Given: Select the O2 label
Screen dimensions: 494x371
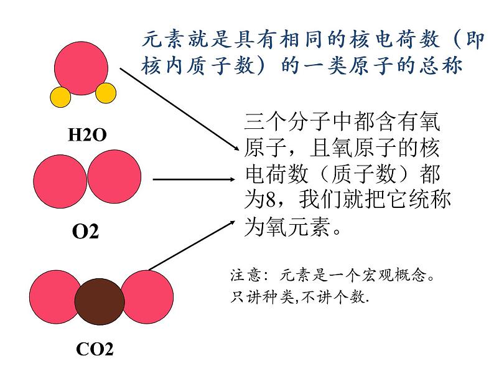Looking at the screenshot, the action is click(85, 232).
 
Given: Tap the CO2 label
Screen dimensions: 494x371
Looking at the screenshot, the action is click(94, 349).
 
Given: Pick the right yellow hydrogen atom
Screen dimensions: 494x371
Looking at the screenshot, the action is click(106, 93).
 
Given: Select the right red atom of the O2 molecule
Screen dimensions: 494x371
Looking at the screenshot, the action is click(114, 176).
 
